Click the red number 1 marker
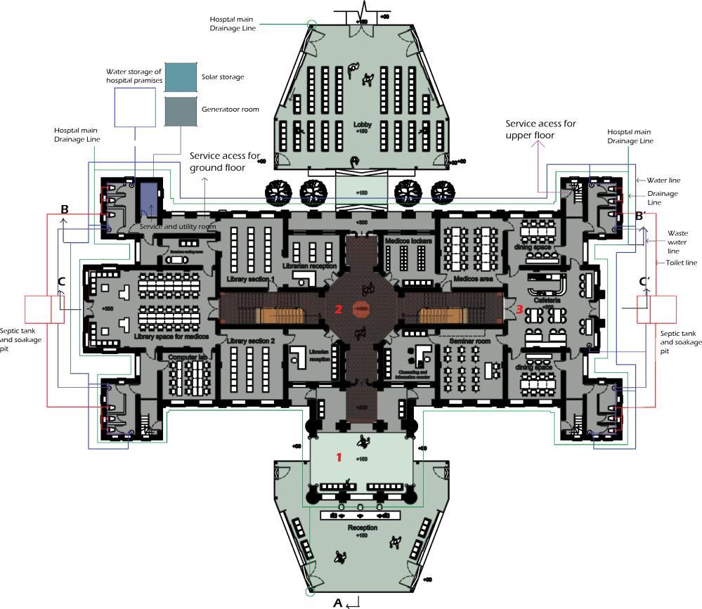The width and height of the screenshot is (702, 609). pos(339,457)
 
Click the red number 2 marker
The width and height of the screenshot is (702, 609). pos(338,309)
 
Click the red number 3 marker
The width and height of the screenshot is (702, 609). pos(519,308)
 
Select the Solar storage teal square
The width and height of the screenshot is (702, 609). pos(181,77)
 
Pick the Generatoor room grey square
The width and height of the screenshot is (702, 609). pos(181,111)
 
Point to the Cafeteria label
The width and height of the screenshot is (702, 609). pos(547,300)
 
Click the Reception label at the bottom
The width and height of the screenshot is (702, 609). pos(362,528)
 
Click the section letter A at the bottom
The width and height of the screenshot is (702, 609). pos(337,602)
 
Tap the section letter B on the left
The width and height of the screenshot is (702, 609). pos(65,209)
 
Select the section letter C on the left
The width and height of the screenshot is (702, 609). pos(62,282)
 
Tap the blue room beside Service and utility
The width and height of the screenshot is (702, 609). pos(149,199)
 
